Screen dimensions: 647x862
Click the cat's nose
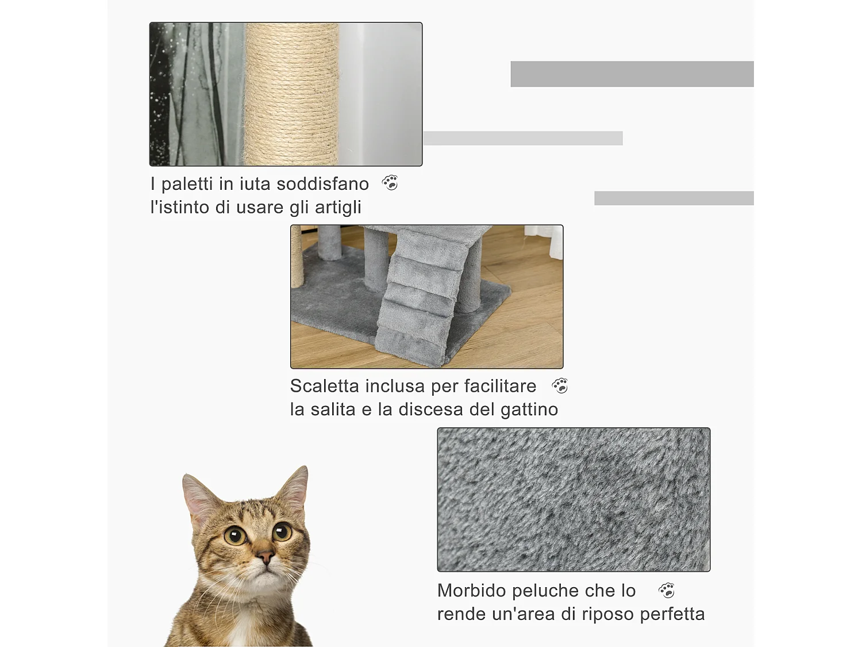(265, 556)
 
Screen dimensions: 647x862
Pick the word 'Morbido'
(471, 591)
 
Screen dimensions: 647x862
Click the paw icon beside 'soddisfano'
(390, 183)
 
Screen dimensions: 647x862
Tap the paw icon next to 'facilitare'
(560, 385)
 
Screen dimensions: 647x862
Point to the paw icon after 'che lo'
(667, 590)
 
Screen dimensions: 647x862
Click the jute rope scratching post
(291, 95)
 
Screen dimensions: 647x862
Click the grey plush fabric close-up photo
(574, 499)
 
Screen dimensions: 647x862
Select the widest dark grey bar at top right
(632, 74)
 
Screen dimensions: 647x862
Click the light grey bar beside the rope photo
(523, 138)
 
